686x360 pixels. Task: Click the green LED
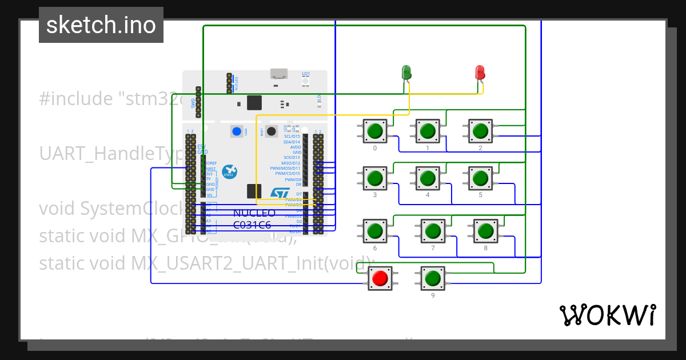(406, 73)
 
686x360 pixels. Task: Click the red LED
(480, 73)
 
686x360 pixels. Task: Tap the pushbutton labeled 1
(428, 131)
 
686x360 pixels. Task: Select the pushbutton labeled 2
(480, 131)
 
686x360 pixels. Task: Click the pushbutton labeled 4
(428, 178)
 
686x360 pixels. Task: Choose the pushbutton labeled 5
(480, 178)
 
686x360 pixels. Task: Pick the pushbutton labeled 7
(433, 231)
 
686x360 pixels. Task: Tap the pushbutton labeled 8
(485, 231)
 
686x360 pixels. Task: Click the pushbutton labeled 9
(433, 278)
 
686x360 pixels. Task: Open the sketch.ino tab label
(101, 25)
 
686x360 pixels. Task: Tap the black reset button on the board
(272, 131)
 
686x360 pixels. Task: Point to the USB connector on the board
(279, 74)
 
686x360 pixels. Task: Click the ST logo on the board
(280, 194)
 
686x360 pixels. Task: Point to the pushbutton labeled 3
(375, 178)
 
